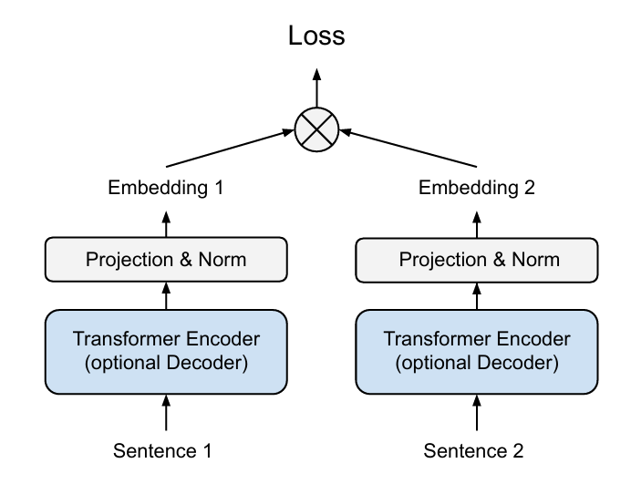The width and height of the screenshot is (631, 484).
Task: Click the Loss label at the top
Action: tap(316, 36)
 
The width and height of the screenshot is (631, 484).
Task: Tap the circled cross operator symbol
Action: tap(316, 129)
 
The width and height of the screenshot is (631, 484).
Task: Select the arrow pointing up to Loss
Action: tap(316, 88)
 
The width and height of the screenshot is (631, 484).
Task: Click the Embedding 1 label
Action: tap(166, 188)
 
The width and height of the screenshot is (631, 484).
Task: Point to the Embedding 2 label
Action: tap(477, 188)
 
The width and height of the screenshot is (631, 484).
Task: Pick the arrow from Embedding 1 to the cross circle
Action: tap(230, 148)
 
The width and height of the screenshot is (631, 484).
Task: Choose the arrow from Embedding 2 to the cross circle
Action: tap(409, 148)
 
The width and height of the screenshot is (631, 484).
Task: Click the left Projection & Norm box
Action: tap(166, 260)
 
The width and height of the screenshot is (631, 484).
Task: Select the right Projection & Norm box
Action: tap(477, 261)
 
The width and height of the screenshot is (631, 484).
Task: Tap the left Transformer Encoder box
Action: tap(166, 352)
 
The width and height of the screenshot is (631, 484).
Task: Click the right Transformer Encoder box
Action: tap(477, 352)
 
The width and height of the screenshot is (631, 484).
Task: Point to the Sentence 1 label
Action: tap(162, 451)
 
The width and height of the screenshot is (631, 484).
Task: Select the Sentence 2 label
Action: tap(473, 451)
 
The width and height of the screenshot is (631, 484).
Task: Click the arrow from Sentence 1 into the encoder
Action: tap(166, 413)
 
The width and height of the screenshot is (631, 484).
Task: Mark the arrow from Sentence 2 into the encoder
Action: tap(477, 413)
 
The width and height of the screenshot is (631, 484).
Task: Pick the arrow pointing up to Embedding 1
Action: tap(166, 224)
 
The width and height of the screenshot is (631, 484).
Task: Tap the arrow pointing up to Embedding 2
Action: tap(477, 225)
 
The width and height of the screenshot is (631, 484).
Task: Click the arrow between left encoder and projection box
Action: tap(166, 295)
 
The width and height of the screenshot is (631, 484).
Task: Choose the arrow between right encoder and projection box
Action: tap(477, 296)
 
